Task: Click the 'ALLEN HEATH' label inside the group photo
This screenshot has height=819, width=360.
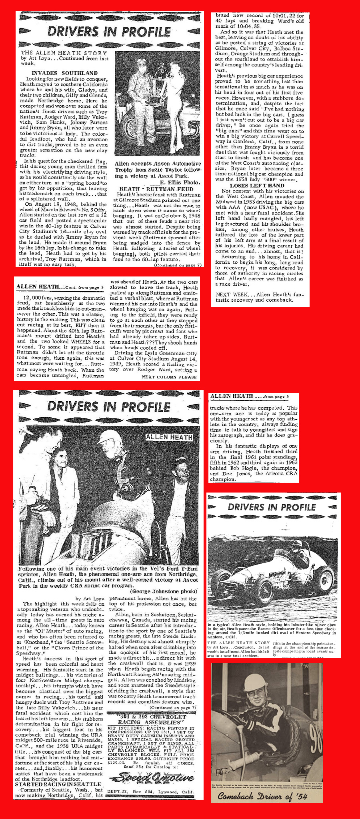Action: [x=169, y=437]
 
